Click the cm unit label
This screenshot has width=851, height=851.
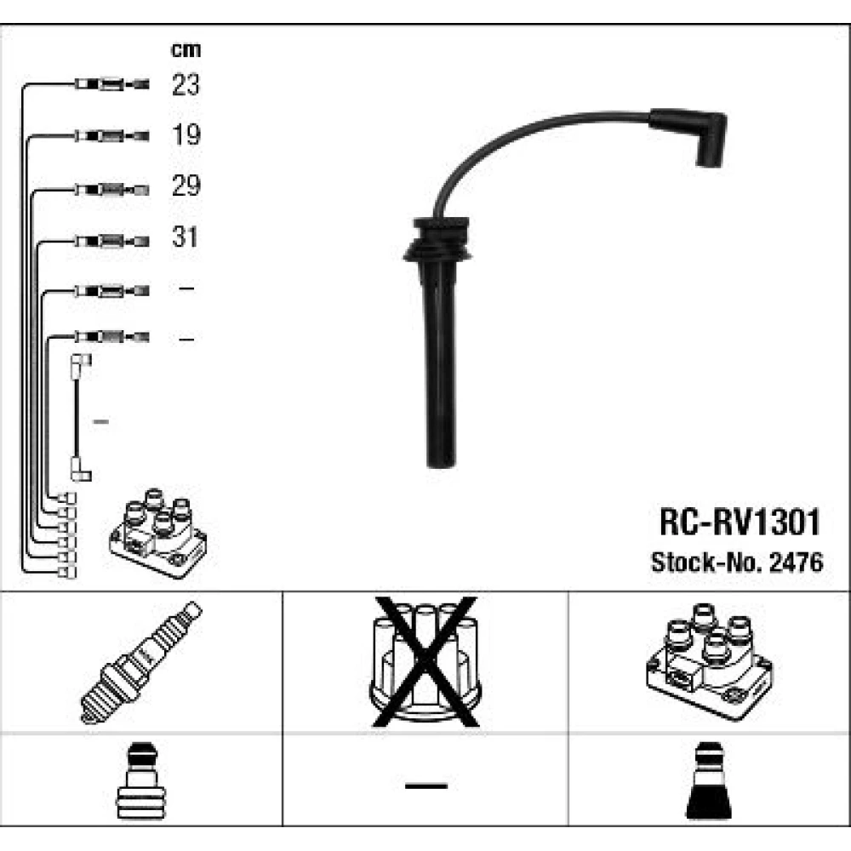(x=186, y=50)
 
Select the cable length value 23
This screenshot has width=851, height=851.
(x=186, y=84)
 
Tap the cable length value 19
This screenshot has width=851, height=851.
(x=186, y=134)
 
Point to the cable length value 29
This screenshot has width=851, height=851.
(x=186, y=186)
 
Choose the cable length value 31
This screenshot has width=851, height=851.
(x=185, y=237)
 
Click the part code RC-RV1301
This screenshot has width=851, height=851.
(x=740, y=522)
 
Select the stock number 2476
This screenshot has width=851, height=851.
(x=797, y=563)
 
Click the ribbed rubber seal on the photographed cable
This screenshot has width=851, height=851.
(x=438, y=239)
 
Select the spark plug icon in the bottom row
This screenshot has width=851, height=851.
(x=141, y=662)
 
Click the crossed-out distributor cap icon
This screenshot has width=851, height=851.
(x=425, y=662)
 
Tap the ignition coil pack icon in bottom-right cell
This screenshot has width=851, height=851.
(x=710, y=661)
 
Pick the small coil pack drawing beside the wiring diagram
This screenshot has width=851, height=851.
(x=158, y=533)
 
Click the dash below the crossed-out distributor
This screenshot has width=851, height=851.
(x=426, y=785)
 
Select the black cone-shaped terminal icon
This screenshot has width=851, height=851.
(x=709, y=780)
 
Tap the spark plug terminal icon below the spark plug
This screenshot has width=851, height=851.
(x=140, y=780)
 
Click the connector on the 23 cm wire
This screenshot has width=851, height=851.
(x=111, y=84)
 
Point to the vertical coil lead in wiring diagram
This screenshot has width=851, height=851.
(x=80, y=417)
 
